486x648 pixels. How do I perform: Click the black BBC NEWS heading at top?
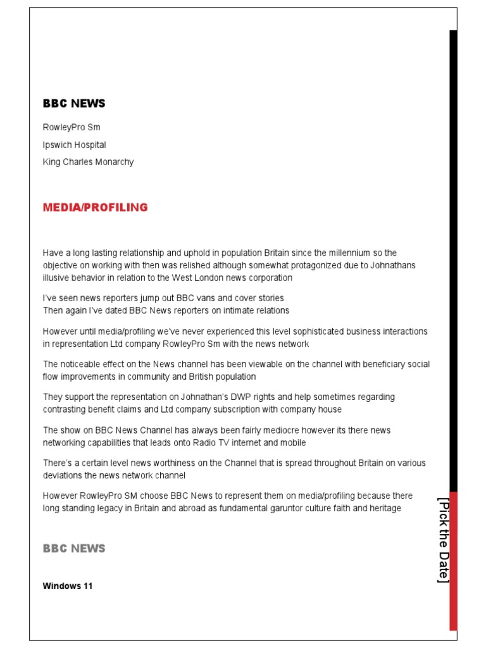(74, 103)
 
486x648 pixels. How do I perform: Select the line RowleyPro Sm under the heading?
(72, 128)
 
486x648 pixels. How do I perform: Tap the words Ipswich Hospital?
(74, 145)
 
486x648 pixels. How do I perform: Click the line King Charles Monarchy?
(88, 162)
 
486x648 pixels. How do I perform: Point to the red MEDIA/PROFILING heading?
(95, 208)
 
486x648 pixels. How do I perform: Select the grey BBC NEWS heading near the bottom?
(74, 549)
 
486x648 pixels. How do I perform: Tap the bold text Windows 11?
(68, 586)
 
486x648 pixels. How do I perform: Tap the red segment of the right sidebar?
(453, 560)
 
